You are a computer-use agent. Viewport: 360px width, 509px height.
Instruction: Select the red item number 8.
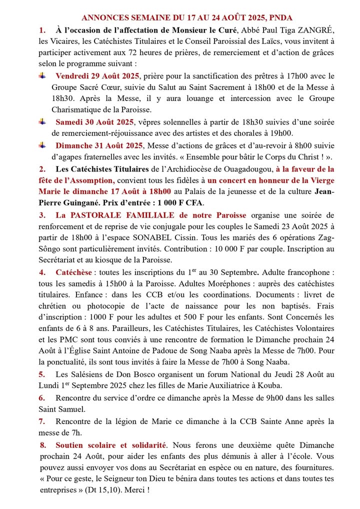coord(43,444)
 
